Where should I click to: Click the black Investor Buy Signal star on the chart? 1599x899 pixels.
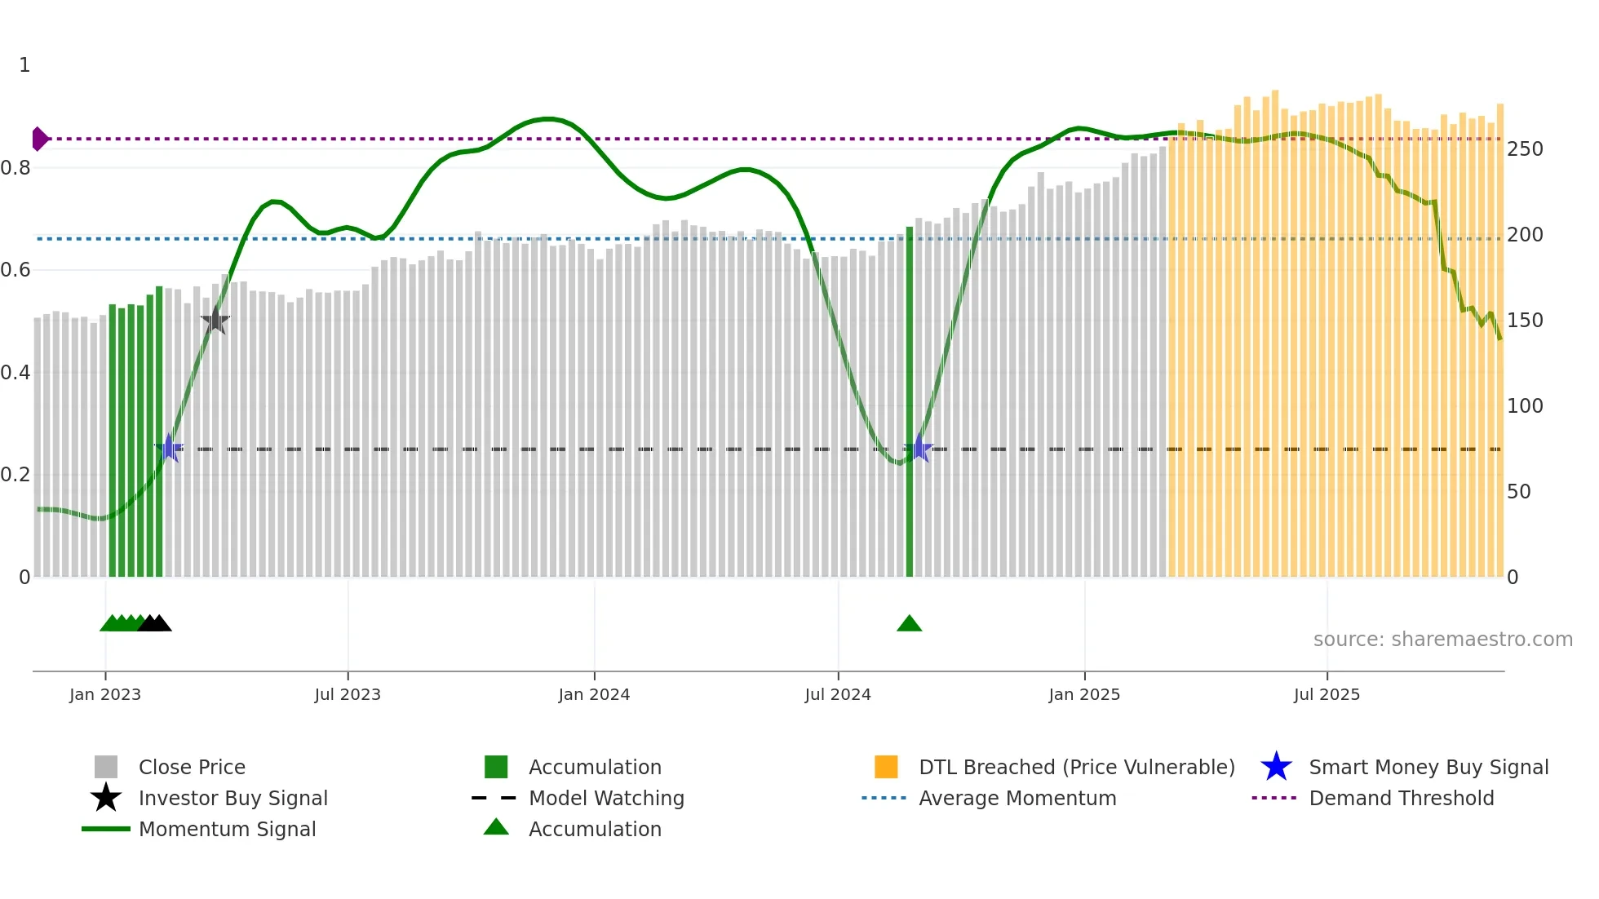[x=215, y=321]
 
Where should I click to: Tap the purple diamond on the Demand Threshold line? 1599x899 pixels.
[x=39, y=139]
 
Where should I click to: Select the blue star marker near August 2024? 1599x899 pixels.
[x=919, y=448]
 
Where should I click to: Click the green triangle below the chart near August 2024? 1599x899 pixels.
[x=909, y=624]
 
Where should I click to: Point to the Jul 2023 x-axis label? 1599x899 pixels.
[x=348, y=694]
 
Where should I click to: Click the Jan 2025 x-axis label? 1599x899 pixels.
[x=1084, y=694]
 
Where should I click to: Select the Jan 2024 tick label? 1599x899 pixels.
[x=594, y=694]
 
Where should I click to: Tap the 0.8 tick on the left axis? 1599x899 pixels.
[x=16, y=168]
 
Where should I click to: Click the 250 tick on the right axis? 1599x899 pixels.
[x=1525, y=149]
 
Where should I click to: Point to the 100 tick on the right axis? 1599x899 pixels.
[x=1525, y=406]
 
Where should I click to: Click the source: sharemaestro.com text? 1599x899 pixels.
[x=1442, y=640]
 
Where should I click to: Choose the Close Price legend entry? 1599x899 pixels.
[x=192, y=767]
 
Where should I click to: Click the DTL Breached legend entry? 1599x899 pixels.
[x=1076, y=767]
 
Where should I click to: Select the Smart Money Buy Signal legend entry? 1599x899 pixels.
[x=1428, y=767]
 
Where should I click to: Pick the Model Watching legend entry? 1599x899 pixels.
[x=606, y=798]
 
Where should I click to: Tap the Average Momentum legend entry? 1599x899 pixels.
[x=1017, y=798]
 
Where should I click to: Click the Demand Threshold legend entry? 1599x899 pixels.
[x=1401, y=798]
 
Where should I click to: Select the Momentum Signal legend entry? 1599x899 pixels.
[x=227, y=829]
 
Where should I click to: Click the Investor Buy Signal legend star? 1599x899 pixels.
[x=106, y=798]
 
